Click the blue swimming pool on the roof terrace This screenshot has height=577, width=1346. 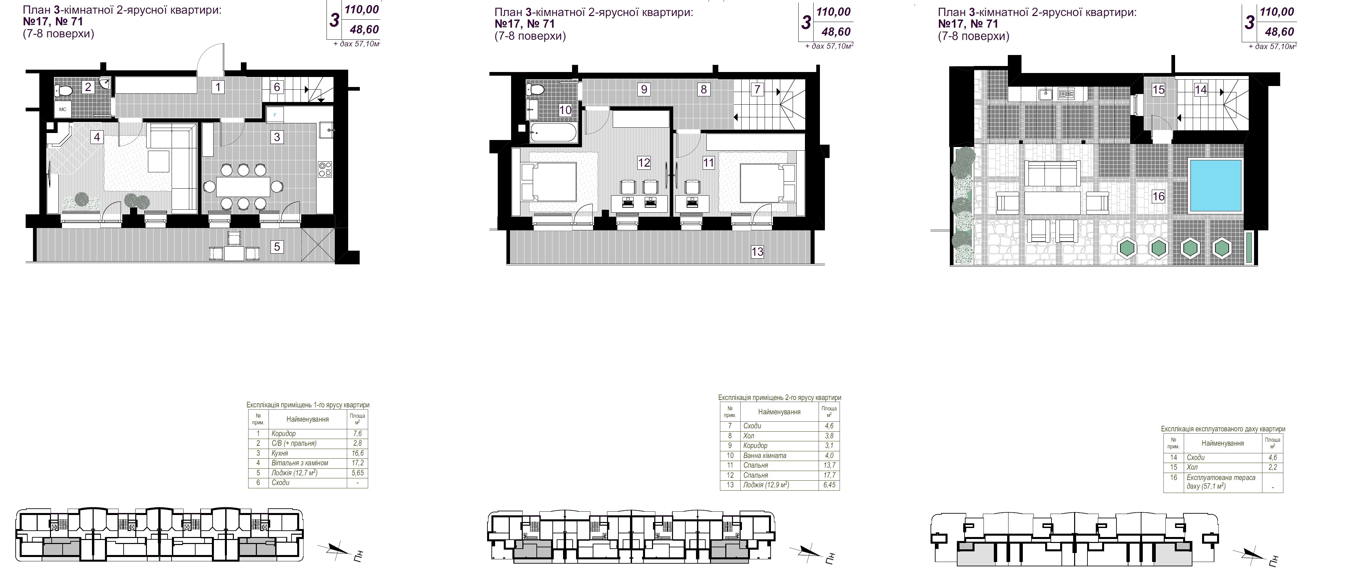(1215, 186)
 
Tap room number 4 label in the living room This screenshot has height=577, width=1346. (97, 137)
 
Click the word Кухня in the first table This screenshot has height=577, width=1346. (280, 453)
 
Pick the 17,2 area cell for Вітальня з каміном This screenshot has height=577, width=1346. (357, 463)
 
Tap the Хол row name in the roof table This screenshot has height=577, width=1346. (1192, 467)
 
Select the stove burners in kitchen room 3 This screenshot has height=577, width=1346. (325, 169)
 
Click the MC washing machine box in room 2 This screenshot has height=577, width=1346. (63, 110)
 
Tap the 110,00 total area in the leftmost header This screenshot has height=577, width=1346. (361, 10)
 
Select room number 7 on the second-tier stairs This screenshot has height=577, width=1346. (757, 89)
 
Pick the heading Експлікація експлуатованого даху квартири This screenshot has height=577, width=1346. (1223, 429)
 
